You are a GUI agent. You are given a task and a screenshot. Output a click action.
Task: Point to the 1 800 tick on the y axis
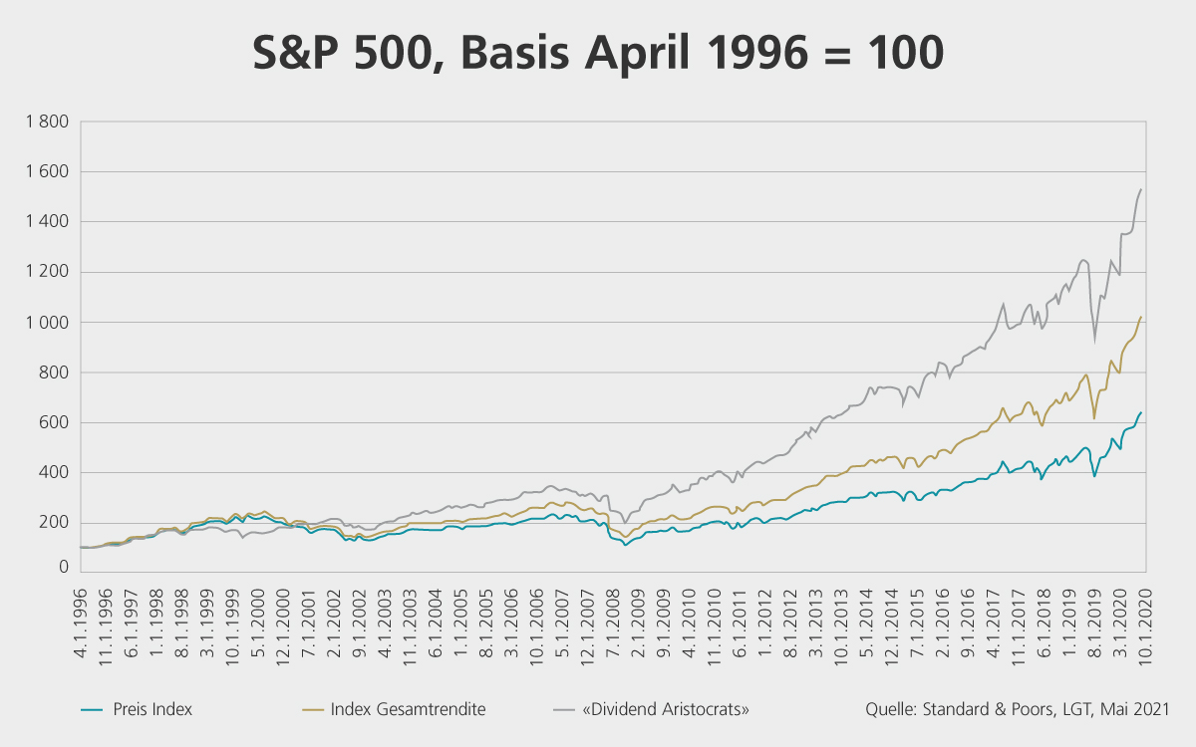46,123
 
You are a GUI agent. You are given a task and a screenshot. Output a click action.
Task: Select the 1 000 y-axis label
46,323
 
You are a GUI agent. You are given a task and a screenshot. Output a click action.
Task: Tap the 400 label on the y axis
53,473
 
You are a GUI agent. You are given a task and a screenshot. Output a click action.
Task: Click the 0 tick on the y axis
62,567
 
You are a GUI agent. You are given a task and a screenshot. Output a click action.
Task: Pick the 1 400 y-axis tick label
46,222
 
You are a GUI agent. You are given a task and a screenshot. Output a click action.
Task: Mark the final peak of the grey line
1140,189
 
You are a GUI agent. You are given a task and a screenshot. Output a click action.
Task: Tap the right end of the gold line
1140,317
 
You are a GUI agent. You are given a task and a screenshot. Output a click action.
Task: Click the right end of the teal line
1140,412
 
